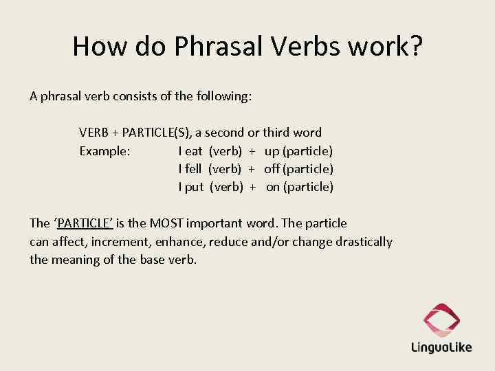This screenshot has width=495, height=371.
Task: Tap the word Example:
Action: [104, 150]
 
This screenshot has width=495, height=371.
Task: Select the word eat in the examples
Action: [193, 150]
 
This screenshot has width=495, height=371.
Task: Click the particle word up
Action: [272, 150]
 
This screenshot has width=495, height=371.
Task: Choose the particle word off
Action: [272, 169]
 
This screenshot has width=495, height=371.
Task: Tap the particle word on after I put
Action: [273, 187]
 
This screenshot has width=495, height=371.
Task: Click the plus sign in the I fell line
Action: [252, 169]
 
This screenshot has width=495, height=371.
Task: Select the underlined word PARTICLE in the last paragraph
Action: [85, 223]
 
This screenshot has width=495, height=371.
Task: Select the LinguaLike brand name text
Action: [441, 348]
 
